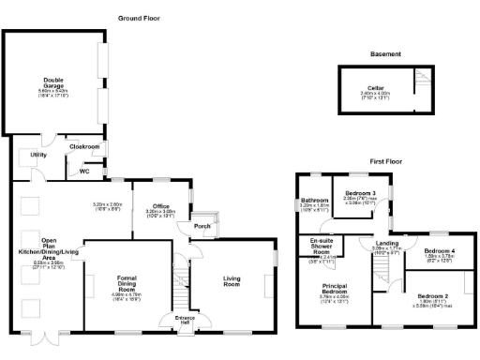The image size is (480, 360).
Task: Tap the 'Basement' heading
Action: [385, 53]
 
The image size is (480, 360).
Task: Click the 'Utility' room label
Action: [38, 155]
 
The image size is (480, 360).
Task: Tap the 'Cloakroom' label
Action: [85, 146]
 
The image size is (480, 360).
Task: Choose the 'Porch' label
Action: [202, 226]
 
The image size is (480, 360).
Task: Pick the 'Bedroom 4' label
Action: [439, 251]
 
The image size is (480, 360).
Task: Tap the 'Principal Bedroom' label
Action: [335, 290]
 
